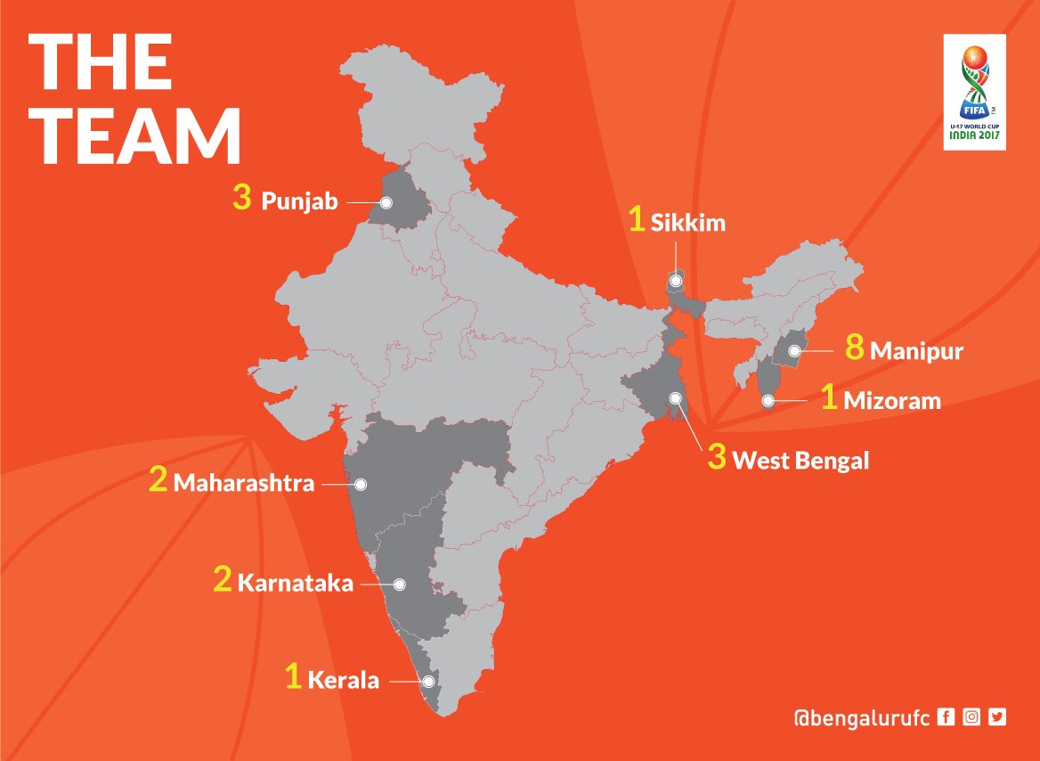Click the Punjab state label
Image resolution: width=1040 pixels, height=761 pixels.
click(299, 201)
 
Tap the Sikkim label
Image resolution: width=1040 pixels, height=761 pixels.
click(687, 223)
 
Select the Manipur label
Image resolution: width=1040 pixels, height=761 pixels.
click(916, 351)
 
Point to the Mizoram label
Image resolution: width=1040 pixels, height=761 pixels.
click(891, 400)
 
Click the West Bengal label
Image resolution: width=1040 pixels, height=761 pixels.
click(800, 461)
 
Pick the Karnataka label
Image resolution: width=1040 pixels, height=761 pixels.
click(295, 584)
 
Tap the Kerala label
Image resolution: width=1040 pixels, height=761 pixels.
click(343, 681)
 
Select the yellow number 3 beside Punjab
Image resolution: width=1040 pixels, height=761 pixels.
click(241, 199)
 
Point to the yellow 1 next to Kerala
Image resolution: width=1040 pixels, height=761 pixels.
click(293, 677)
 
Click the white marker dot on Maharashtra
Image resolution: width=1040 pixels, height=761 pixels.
click(361, 484)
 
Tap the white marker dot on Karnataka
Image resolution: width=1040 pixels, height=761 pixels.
click(399, 585)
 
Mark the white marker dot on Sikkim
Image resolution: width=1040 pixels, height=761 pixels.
click(676, 282)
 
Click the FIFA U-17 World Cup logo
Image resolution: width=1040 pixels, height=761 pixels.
click(976, 92)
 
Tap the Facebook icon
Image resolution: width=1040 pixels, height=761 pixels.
click(947, 716)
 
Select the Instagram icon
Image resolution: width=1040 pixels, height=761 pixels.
click(971, 716)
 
